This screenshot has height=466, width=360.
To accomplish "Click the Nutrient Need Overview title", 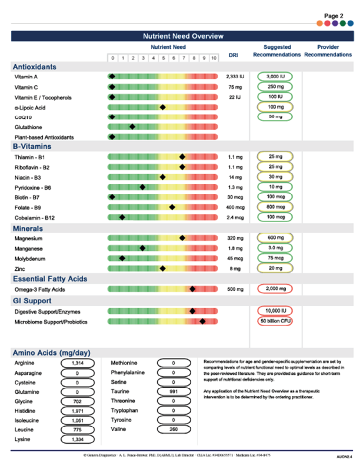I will (x=179, y=36).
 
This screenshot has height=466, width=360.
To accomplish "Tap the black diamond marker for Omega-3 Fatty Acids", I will (x=192, y=289).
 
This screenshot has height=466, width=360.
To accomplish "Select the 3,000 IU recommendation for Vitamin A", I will (x=274, y=76).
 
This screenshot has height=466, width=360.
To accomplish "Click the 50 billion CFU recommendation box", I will (x=274, y=321).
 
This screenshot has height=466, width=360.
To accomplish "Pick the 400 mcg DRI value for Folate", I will (x=234, y=207).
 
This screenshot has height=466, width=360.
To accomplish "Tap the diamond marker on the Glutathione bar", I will (x=132, y=126).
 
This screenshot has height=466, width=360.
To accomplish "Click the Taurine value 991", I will (x=174, y=391).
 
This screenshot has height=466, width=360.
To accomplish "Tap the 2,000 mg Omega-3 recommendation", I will (x=274, y=289).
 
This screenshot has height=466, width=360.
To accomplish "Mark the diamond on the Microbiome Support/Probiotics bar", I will (x=202, y=321).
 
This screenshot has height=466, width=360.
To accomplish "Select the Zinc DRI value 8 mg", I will (x=234, y=268).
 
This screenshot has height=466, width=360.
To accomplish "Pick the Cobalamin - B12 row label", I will (x=40, y=217).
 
